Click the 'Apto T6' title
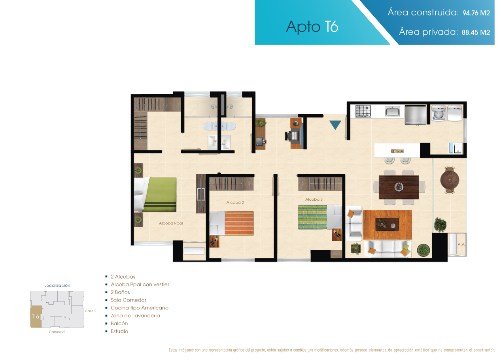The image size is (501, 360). [x=312, y=27]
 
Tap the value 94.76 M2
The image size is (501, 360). [x=476, y=13]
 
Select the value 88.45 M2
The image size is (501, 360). [x=476, y=32]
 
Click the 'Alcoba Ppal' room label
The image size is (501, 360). [x=171, y=223]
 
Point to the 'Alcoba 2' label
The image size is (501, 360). [x=235, y=202]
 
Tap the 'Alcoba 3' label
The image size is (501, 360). [x=314, y=199]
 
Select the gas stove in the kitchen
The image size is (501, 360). [x=363, y=111]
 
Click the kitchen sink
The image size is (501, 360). [x=392, y=111]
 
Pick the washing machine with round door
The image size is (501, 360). [x=439, y=113]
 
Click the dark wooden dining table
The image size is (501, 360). [x=399, y=187]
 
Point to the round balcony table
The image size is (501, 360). [x=450, y=180]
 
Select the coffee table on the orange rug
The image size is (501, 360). [x=387, y=224]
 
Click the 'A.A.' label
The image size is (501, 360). [x=461, y=245]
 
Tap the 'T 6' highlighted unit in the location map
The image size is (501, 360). [x=36, y=317]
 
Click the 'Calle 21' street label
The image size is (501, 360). [x=91, y=311]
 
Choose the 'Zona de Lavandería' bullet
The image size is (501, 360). [x=135, y=315]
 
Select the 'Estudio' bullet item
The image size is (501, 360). [x=119, y=331]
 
